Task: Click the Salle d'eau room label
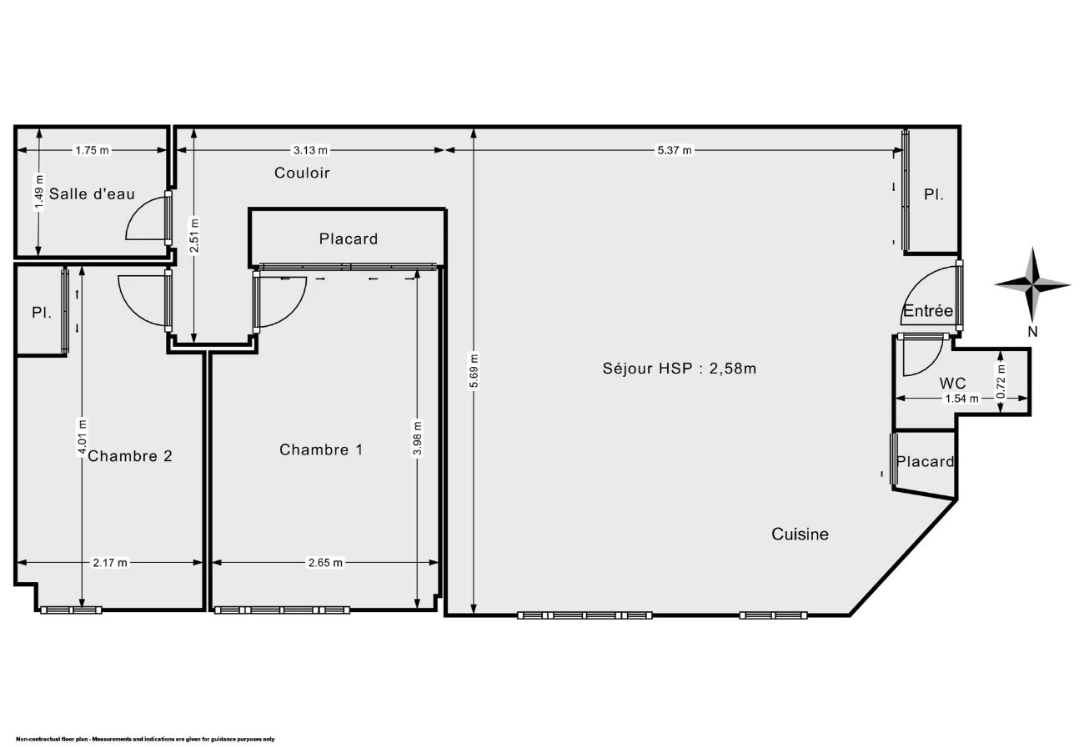[92, 194]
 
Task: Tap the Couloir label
[302, 173]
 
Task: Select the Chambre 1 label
[321, 449]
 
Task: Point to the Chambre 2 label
[130, 456]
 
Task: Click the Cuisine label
[800, 535]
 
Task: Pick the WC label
[952, 384]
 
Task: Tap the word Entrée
[928, 310]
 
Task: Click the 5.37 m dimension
[674, 150]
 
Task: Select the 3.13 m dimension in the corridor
[310, 150]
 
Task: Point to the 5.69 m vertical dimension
[474, 370]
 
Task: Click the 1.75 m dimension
[92, 150]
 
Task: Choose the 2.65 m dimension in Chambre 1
[325, 563]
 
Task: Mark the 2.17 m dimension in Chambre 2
[110, 563]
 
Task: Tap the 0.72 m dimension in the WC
[1001, 382]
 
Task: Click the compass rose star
[1032, 284]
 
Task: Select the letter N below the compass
[1032, 332]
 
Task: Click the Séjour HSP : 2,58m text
[679, 369]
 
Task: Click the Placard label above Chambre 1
[349, 239]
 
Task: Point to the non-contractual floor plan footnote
[145, 739]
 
